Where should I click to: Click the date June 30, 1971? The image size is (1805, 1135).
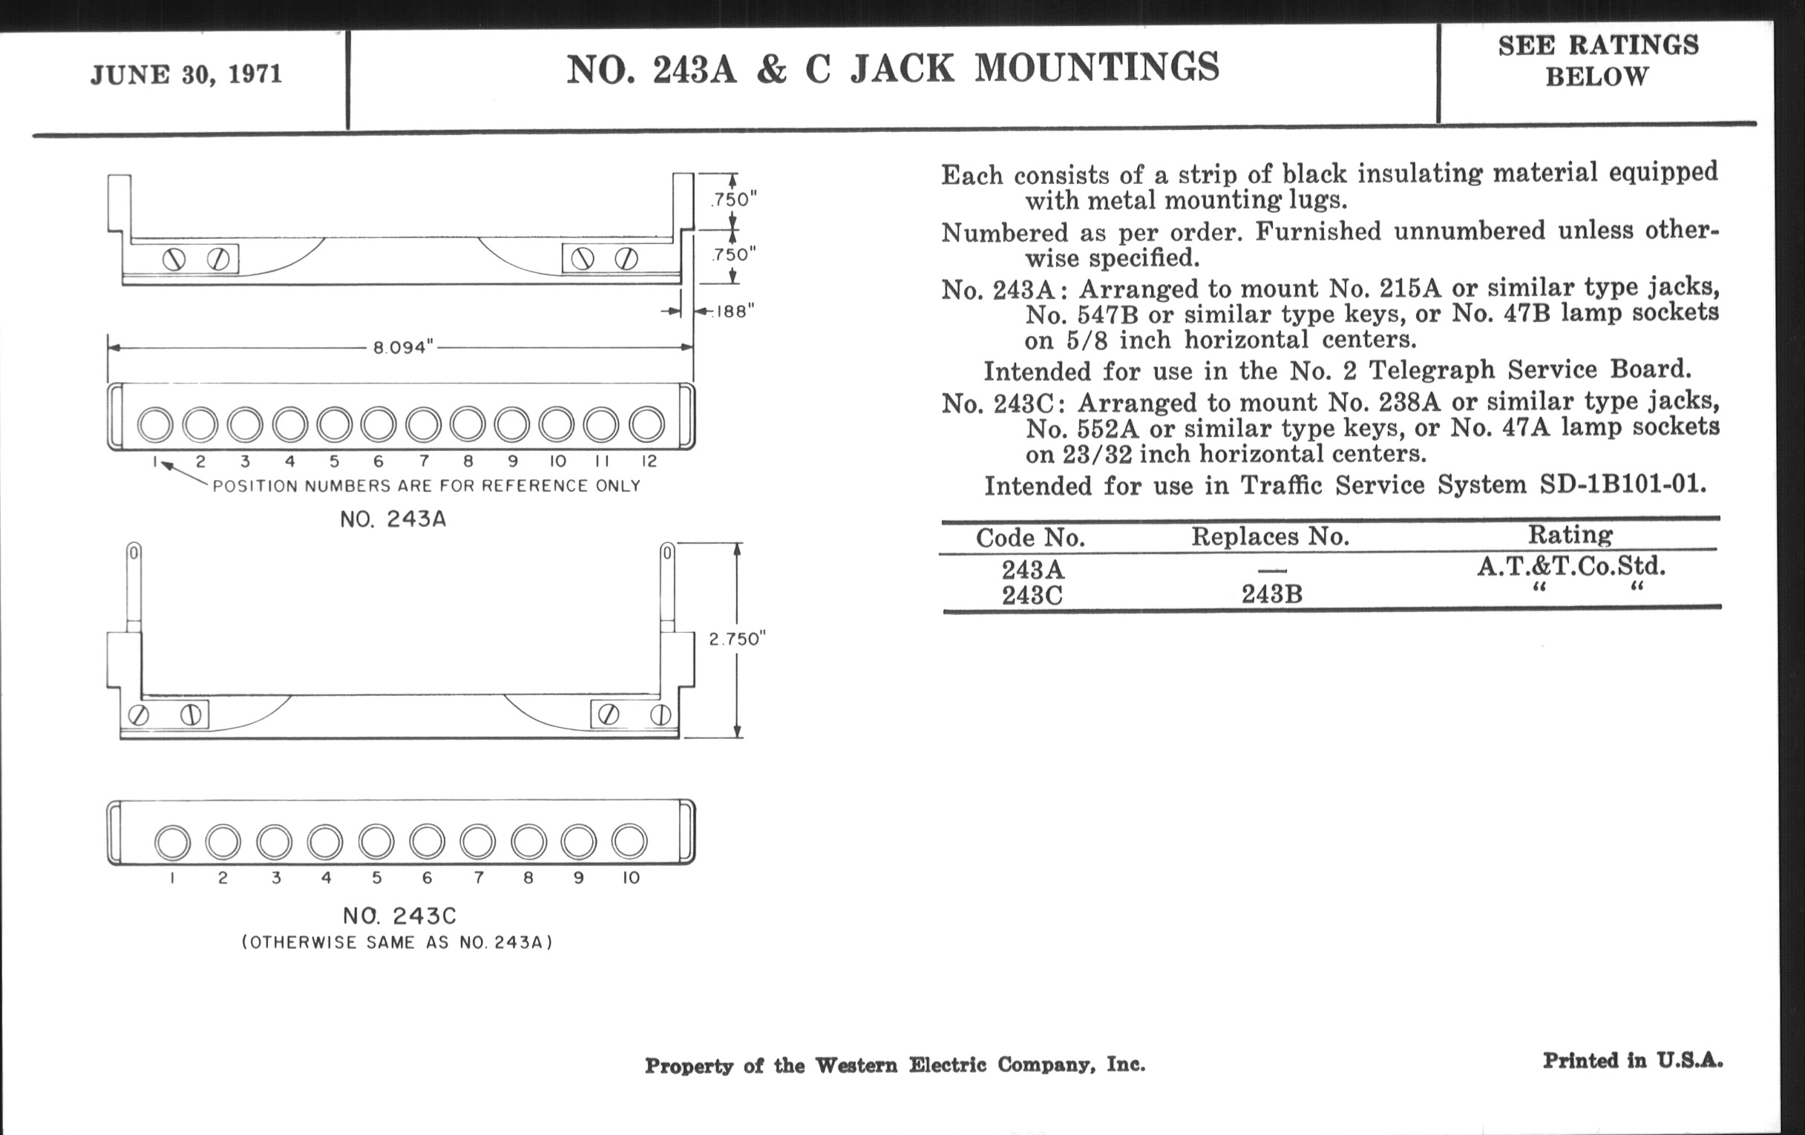tap(186, 75)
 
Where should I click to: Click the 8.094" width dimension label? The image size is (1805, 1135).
tap(403, 348)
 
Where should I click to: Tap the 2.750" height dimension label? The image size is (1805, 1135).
tap(737, 639)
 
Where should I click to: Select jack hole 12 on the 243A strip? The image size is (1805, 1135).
tap(646, 425)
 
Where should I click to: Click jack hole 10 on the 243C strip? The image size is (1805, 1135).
tap(629, 842)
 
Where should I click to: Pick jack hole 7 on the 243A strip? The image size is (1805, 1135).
tap(424, 425)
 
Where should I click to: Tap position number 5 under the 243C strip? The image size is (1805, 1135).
tap(376, 878)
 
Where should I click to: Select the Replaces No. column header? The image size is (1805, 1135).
tap(1270, 536)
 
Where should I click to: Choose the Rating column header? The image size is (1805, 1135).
tap(1570, 535)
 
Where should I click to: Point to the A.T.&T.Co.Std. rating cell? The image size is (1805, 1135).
tap(1571, 566)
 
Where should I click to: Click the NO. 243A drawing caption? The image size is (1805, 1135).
tap(393, 519)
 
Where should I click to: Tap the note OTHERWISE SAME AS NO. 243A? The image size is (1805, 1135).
tap(396, 942)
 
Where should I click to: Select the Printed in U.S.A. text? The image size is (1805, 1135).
tap(1633, 1061)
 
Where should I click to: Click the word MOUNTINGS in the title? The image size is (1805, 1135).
tap(1097, 68)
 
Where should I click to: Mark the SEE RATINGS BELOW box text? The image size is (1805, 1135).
tap(1597, 61)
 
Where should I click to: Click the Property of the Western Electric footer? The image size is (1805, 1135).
tap(894, 1065)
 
